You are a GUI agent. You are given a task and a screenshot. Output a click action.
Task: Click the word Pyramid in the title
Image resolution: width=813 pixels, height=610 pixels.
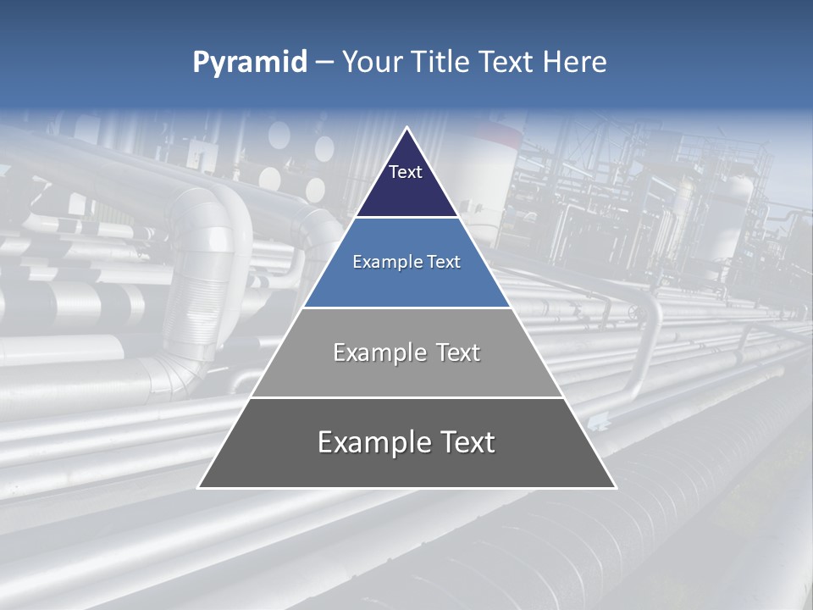tap(250, 63)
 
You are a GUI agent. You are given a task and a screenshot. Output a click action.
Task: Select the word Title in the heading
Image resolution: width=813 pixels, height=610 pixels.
tap(441, 63)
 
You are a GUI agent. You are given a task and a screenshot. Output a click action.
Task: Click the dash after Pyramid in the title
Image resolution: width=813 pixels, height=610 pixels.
tap(324, 63)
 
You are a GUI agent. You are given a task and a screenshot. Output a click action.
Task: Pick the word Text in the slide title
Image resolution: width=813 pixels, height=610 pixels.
tap(506, 63)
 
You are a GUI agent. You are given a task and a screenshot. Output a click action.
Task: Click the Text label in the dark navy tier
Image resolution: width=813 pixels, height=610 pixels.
tap(406, 172)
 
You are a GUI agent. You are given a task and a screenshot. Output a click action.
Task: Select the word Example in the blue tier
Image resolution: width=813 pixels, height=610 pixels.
tap(387, 262)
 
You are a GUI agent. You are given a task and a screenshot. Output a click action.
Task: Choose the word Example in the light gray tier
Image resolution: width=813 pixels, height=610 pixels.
tap(378, 352)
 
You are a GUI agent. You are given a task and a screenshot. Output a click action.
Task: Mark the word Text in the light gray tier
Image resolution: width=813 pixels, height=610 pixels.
tap(458, 352)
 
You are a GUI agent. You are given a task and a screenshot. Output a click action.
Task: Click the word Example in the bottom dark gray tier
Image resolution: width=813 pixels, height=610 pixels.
tap(369, 442)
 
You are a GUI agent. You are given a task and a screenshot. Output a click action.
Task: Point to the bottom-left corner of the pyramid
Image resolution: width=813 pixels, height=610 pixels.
tap(199, 488)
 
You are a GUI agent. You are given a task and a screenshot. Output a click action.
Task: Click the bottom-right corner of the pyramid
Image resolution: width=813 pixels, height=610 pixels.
tap(616, 488)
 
